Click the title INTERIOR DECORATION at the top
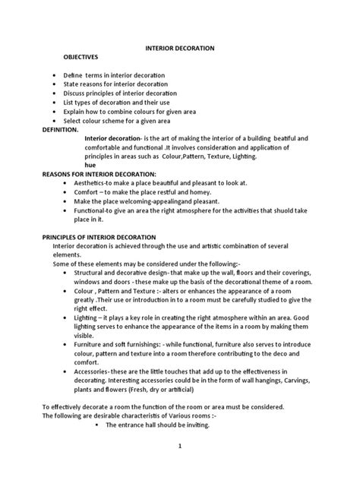[x=180, y=48]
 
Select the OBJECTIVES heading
[x=81, y=57]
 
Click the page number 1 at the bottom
[x=180, y=446]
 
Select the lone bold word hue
[x=90, y=164]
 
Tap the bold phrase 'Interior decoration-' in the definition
[x=110, y=139]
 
